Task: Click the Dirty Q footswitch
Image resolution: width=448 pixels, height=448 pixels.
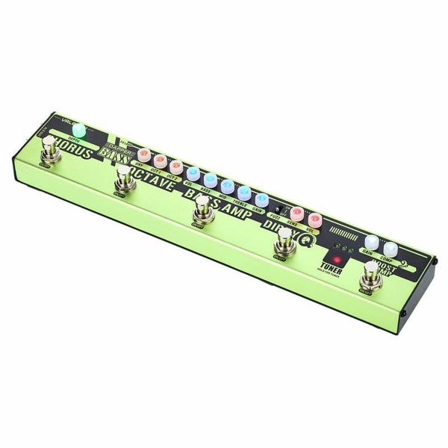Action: [284, 240]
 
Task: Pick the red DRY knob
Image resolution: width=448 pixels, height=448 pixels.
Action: [144, 155]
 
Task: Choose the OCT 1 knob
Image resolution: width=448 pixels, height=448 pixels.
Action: [160, 161]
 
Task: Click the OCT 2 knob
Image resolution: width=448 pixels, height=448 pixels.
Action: [175, 166]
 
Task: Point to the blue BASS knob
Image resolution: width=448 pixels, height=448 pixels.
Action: [210, 180]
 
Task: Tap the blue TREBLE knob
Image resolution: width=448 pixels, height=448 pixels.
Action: [244, 193]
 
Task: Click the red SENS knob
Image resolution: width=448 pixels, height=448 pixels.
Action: [297, 214]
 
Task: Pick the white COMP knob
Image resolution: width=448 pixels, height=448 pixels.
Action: [391, 248]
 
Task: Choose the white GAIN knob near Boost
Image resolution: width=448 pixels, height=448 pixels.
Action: [372, 241]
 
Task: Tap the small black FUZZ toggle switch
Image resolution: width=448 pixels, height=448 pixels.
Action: [279, 210]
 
